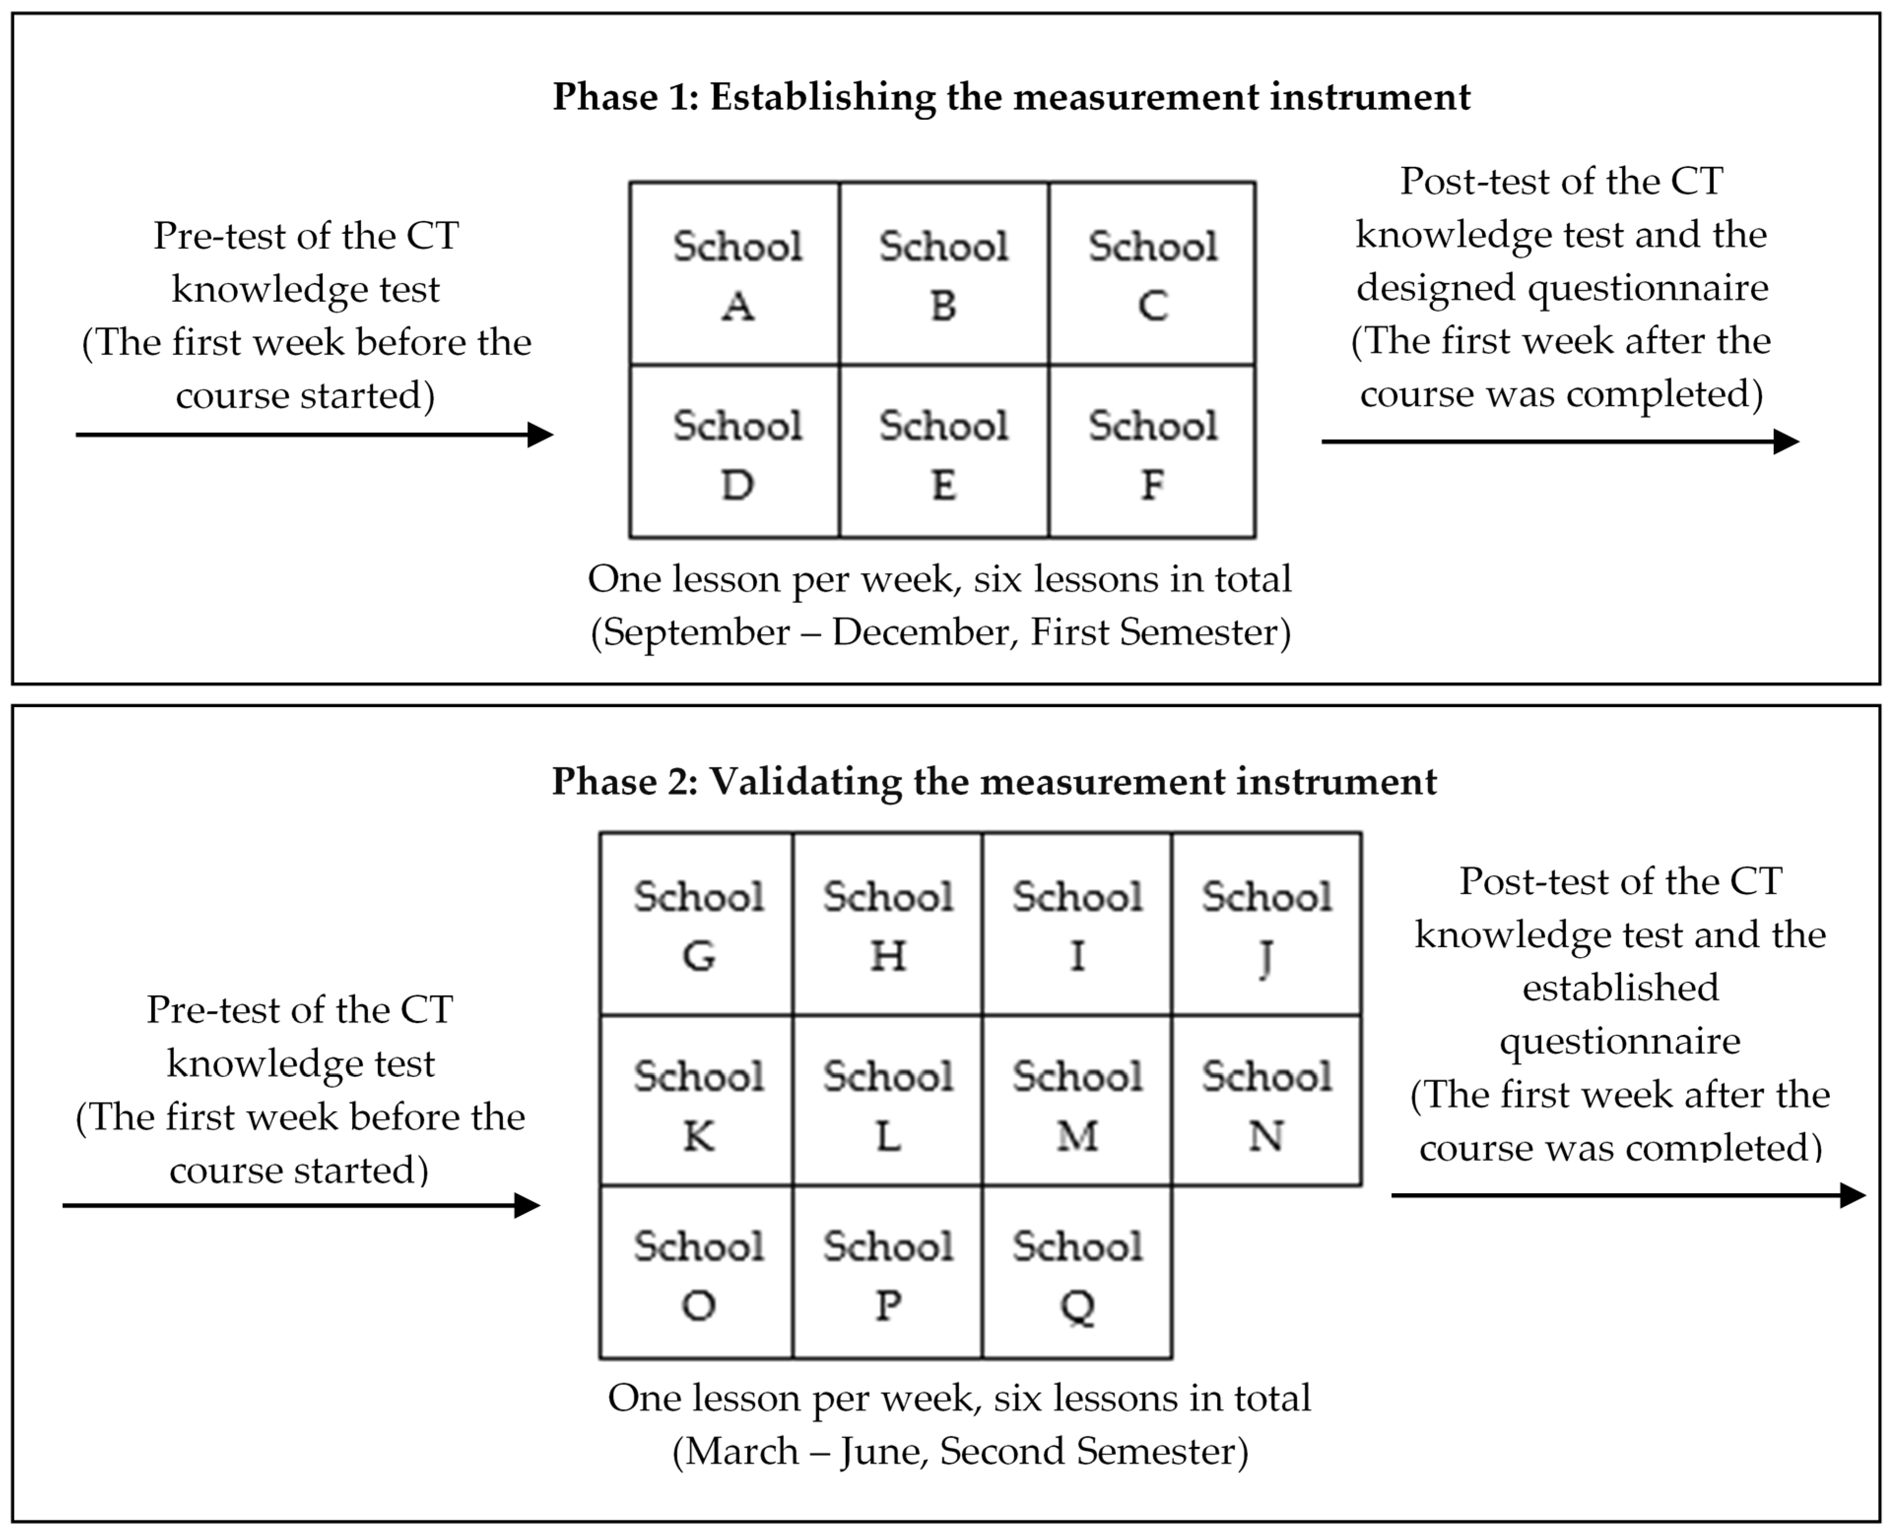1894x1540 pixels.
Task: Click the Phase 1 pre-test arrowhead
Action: [x=540, y=435]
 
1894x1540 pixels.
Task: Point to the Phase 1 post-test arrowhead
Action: [x=1786, y=441]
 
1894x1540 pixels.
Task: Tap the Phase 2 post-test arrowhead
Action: [x=1852, y=1195]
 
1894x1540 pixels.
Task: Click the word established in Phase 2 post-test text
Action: [x=1620, y=987]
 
